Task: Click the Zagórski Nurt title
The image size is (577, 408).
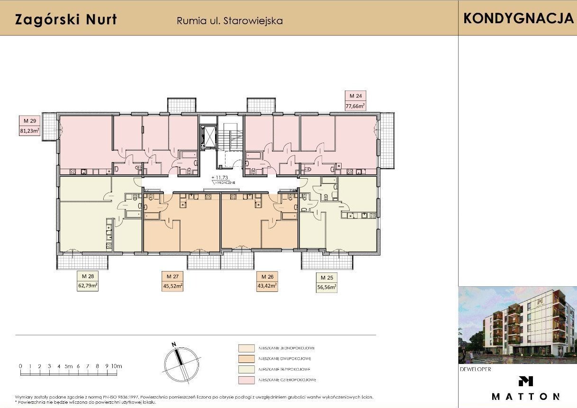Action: click(66, 20)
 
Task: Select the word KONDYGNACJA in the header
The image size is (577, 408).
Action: click(518, 18)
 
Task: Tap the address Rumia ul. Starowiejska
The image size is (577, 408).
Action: click(229, 21)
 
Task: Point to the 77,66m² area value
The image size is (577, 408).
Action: click(355, 106)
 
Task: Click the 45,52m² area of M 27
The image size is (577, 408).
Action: click(172, 286)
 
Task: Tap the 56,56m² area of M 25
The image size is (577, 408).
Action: click(326, 287)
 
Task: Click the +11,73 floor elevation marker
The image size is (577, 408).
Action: click(219, 178)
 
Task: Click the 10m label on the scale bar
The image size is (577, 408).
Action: click(116, 366)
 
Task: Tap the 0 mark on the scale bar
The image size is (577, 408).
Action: click(20, 366)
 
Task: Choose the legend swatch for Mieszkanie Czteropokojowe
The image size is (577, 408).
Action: click(246, 380)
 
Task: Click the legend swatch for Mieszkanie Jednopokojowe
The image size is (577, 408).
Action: click(246, 348)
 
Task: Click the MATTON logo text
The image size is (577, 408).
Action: click(525, 396)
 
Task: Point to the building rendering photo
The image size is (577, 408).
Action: click(517, 325)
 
